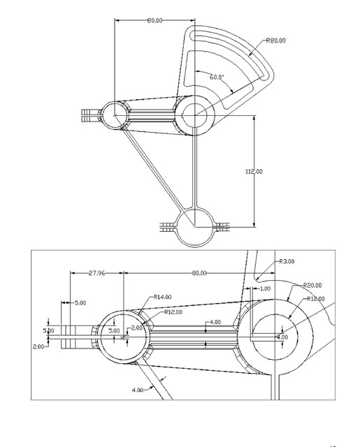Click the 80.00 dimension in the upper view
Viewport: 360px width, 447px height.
tap(154, 21)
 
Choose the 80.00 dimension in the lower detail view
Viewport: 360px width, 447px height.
tap(200, 273)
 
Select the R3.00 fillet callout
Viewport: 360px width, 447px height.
tap(287, 261)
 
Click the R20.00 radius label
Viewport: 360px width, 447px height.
tap(312, 285)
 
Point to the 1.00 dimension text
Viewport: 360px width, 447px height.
tap(264, 288)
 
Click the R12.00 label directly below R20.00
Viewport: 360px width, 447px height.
tap(317, 299)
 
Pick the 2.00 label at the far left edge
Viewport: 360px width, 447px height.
tap(38, 346)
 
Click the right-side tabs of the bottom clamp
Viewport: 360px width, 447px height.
tap(222, 226)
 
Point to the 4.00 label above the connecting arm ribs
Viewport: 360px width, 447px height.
tap(215, 322)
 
